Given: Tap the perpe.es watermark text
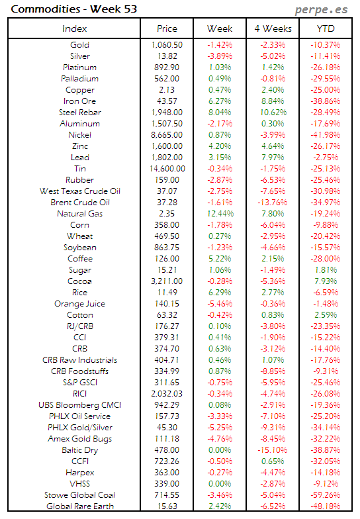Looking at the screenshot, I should click(322, 10).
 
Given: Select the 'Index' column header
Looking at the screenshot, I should click(74, 28).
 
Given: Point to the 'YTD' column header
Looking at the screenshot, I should click(326, 28).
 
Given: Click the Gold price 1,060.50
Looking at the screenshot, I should click(167, 45).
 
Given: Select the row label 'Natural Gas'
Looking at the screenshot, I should click(79, 214).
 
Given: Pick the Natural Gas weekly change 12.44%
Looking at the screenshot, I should click(220, 214).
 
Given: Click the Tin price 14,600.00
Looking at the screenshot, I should click(167, 169).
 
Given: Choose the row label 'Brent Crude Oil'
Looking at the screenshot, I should click(79, 203).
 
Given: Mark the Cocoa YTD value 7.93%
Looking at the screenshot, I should click(326, 281).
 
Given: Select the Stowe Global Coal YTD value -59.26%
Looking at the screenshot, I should click(326, 495).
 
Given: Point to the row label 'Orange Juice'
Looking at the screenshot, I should click(79, 304).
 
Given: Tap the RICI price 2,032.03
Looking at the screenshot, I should click(167, 394).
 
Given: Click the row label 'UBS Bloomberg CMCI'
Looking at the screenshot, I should click(79, 405).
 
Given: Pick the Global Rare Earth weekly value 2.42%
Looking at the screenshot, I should click(220, 506).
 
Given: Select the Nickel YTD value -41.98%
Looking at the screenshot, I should click(326, 135).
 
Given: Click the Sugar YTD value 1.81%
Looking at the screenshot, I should click(326, 270).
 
